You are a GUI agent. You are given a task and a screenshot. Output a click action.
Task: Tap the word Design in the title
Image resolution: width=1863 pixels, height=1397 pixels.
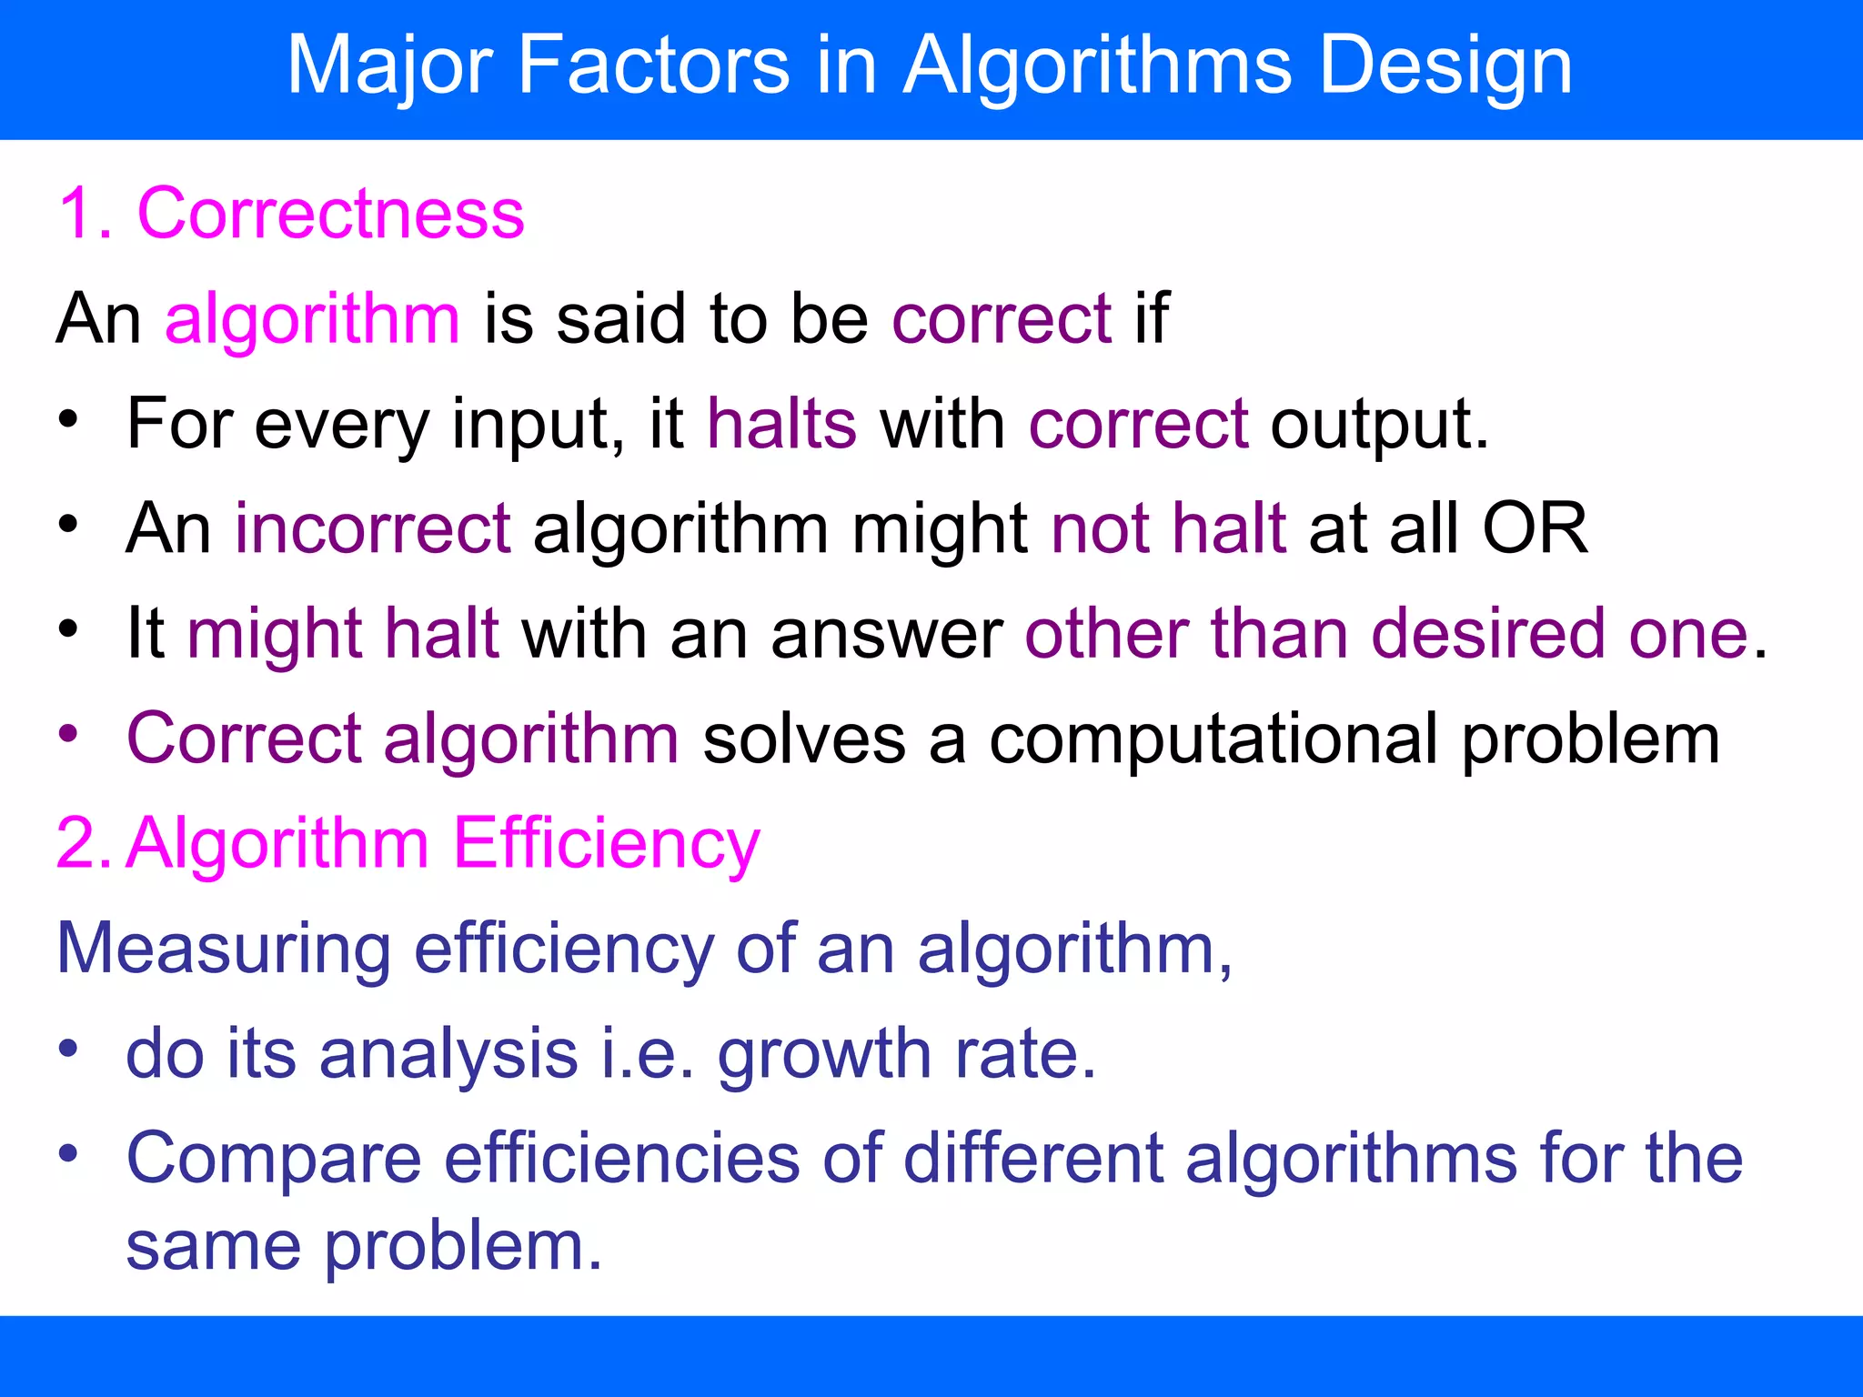coord(1445,65)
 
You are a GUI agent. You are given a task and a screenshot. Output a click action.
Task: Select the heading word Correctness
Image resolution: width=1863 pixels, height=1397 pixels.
coord(330,215)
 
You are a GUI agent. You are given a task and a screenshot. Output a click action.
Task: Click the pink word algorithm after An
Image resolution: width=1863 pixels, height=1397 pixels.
coord(312,320)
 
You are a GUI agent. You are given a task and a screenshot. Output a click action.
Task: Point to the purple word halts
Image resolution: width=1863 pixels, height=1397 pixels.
coord(781,425)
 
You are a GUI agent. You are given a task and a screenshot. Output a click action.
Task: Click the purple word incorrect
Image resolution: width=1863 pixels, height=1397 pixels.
coord(373,529)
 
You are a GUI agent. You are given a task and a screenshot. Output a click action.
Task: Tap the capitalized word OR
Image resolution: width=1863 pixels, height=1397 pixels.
coord(1535,529)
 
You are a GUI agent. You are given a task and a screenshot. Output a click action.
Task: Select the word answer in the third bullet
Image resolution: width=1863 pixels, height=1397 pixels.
coord(887,634)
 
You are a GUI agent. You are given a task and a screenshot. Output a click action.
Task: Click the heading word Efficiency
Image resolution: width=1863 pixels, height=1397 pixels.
coord(606,844)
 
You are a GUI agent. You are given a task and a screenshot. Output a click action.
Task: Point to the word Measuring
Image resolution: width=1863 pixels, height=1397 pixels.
coord(224,950)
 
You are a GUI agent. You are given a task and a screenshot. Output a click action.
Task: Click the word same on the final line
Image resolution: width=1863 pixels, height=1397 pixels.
coord(213,1246)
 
